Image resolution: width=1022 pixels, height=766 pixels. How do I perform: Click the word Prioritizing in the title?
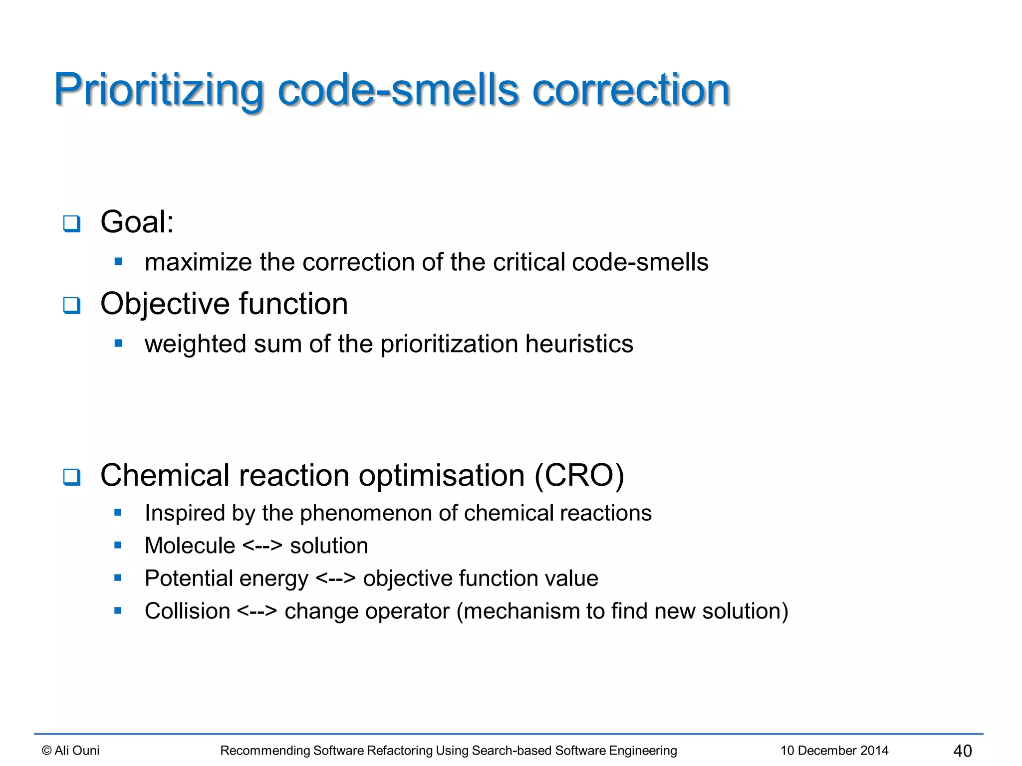(x=159, y=91)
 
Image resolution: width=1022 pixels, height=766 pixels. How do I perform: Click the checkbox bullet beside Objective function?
(x=72, y=305)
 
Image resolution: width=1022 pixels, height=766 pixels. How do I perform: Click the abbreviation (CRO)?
(x=579, y=475)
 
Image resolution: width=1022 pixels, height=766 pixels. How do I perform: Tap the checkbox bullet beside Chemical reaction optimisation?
(x=72, y=477)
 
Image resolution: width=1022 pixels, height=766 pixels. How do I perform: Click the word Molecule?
(x=190, y=546)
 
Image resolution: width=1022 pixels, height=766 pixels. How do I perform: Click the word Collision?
(x=187, y=611)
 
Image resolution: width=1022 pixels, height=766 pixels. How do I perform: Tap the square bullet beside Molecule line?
(x=118, y=546)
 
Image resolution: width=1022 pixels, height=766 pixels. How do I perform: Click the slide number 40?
(x=962, y=751)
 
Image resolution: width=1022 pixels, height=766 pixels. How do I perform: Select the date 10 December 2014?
(x=834, y=751)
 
